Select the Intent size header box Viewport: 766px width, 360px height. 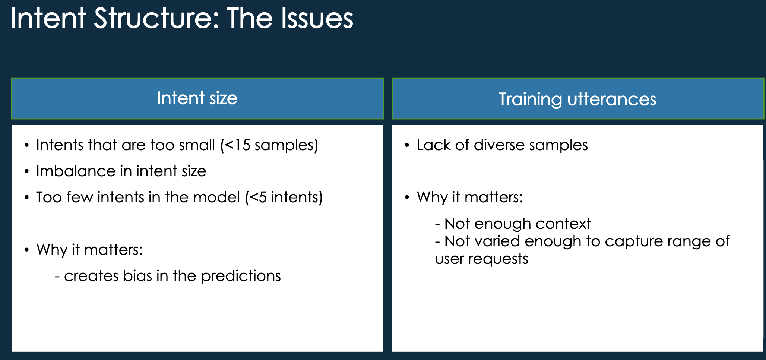click(x=197, y=98)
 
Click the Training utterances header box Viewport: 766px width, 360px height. click(x=577, y=99)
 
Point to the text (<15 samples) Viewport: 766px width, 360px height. click(x=269, y=145)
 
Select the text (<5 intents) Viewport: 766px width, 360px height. click(x=284, y=197)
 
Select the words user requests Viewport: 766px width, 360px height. click(x=481, y=259)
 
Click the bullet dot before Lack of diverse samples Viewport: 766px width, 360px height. click(x=407, y=145)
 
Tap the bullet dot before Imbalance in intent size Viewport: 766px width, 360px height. click(x=26, y=171)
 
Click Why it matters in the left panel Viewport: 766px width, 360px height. click(x=89, y=250)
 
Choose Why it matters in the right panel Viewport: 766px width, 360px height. click(x=469, y=197)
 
